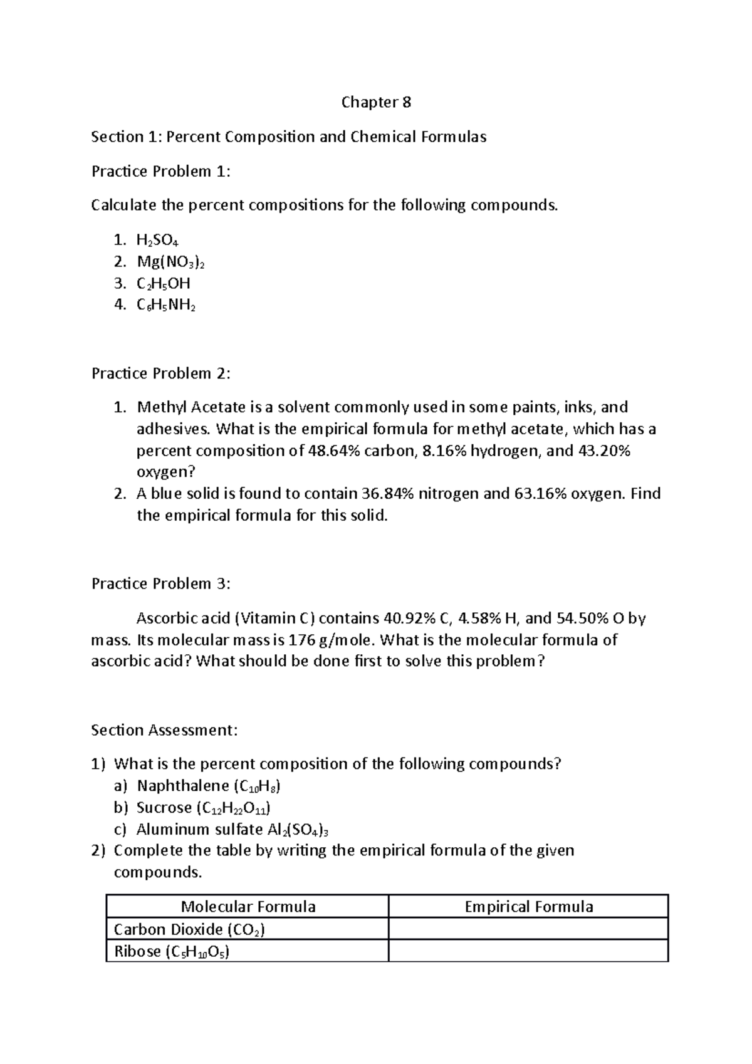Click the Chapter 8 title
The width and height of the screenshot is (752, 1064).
pyautogui.click(x=376, y=103)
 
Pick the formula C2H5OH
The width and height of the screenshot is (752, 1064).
pyautogui.click(x=164, y=284)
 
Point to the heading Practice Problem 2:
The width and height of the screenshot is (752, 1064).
pyautogui.click(x=161, y=374)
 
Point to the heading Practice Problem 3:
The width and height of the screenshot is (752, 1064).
pyautogui.click(x=161, y=584)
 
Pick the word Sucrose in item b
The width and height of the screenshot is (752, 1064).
pyautogui.click(x=164, y=808)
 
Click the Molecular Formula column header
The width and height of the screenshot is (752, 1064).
pyautogui.click(x=248, y=907)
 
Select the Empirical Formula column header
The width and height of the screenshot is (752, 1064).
pyautogui.click(x=528, y=907)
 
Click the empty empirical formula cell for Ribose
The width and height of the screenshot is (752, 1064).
pyautogui.click(x=528, y=951)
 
